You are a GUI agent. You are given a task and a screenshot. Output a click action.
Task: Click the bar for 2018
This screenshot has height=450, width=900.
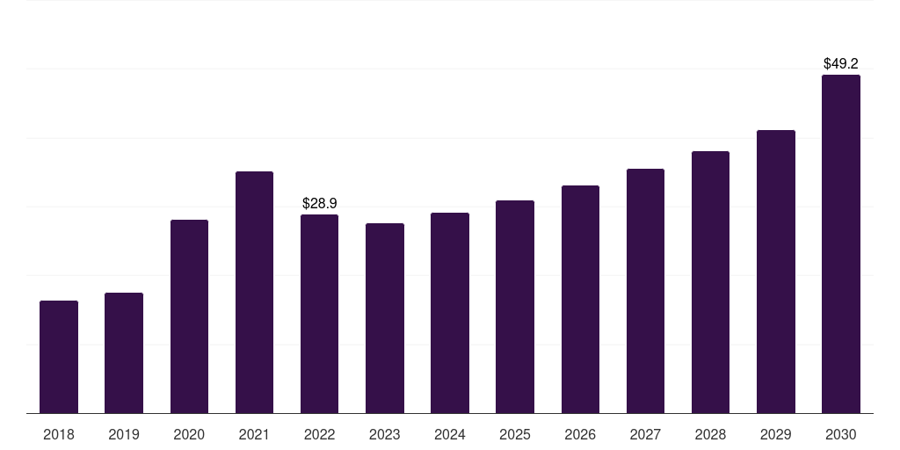click(59, 357)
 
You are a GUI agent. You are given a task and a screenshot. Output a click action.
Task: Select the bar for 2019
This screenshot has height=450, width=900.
click(124, 352)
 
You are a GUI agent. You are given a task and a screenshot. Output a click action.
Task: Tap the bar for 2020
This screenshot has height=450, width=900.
click(189, 316)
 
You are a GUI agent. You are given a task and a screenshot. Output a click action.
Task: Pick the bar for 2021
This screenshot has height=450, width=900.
click(254, 292)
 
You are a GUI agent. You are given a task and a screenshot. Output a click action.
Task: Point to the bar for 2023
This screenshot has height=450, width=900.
click(385, 318)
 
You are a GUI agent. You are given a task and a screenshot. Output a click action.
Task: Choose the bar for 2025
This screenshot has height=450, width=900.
click(515, 307)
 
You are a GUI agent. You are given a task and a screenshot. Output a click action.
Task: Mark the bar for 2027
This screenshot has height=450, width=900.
click(645, 291)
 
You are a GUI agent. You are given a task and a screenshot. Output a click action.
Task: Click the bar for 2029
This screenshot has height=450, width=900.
click(776, 272)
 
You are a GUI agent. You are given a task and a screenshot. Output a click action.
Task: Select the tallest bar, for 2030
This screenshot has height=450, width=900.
click(841, 243)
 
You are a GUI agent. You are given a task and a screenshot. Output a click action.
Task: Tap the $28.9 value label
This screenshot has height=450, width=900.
click(320, 203)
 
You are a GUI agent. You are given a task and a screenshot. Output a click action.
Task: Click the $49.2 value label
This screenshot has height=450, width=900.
click(841, 63)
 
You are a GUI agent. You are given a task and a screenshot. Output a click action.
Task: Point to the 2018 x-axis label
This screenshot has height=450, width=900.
click(59, 434)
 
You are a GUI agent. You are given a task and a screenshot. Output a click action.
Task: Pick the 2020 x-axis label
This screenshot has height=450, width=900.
click(189, 434)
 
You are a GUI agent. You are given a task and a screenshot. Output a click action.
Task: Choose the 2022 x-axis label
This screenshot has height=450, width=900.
click(320, 434)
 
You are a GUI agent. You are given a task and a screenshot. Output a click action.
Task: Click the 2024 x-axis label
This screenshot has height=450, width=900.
click(450, 434)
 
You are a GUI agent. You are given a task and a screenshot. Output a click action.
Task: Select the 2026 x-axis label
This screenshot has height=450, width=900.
click(580, 434)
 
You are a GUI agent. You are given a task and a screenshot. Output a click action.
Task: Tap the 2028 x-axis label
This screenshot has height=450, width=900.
click(710, 434)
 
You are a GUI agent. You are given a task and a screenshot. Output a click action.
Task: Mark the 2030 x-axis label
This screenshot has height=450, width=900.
click(841, 434)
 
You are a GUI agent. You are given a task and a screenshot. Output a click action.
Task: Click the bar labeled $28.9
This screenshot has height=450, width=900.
click(320, 314)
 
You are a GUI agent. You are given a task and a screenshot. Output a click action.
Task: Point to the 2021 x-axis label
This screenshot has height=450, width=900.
click(254, 434)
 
